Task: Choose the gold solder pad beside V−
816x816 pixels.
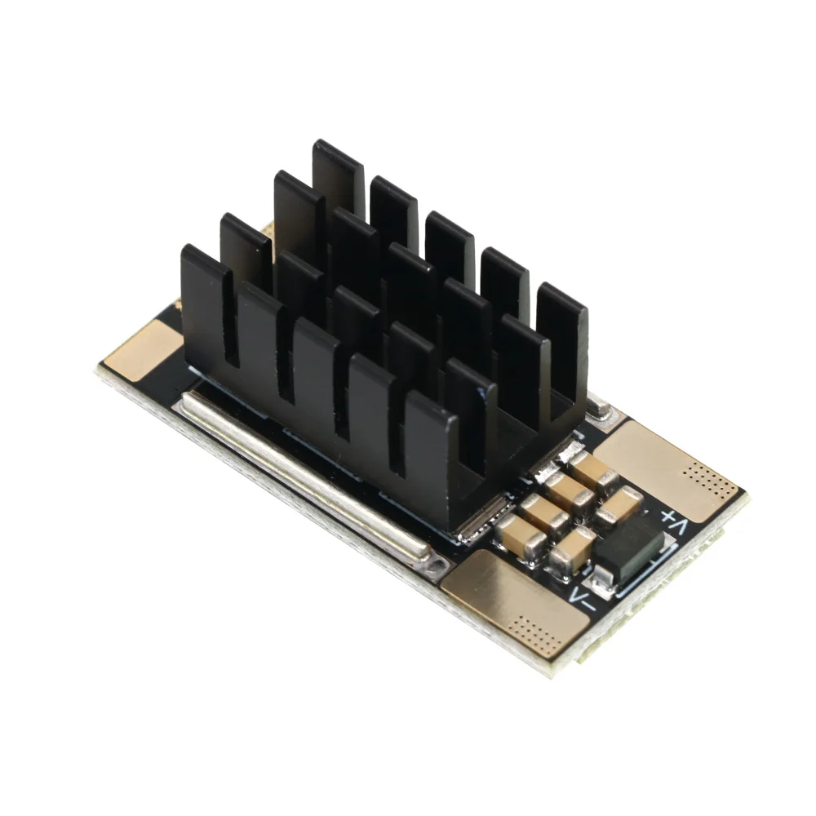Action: tap(515, 604)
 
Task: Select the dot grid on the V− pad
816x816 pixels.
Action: tap(536, 632)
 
